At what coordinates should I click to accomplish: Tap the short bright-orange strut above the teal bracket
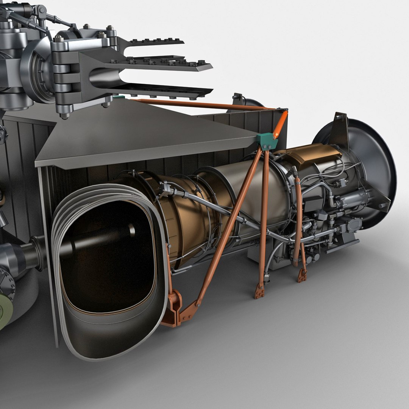tap(280, 124)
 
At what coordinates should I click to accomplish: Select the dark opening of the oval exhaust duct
tap(106, 258)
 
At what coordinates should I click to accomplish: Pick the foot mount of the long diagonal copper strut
tap(189, 311)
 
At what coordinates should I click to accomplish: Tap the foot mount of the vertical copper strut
tap(260, 291)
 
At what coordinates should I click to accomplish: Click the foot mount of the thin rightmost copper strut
tap(302, 276)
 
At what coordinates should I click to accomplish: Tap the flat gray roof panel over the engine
tap(144, 136)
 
